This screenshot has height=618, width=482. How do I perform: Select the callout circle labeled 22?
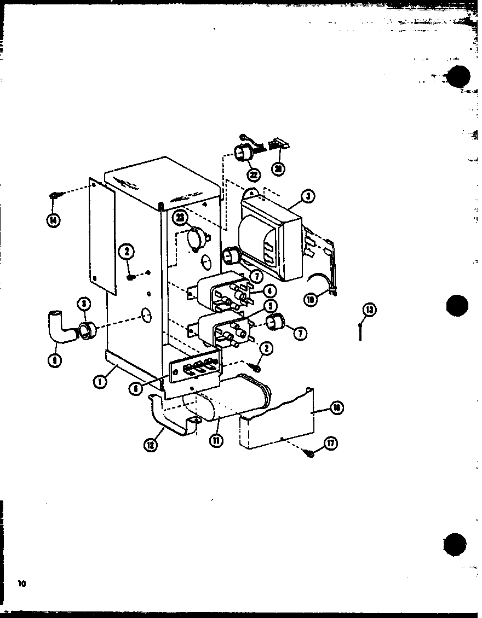click(253, 174)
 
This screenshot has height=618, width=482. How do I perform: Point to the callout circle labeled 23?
click(180, 218)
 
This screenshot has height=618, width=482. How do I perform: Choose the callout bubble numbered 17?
click(330, 444)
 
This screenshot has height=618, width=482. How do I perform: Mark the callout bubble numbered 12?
click(151, 446)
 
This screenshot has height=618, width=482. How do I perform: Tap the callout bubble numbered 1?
click(100, 381)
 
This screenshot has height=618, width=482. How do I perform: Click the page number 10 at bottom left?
click(21, 584)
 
